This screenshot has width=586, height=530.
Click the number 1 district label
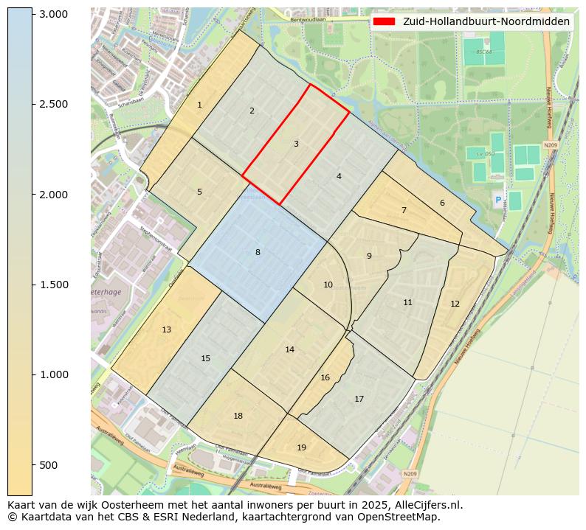tap(199, 105)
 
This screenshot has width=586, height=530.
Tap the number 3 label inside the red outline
tap(296, 144)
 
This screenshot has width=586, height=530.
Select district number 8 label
tap(258, 252)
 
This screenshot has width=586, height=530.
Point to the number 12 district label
tap(455, 304)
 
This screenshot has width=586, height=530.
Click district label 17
tap(359, 399)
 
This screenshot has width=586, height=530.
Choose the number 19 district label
tap(301, 447)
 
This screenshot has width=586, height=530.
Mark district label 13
tap(166, 329)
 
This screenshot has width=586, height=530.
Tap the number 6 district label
tap(442, 203)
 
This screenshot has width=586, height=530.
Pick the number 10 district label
tap(328, 285)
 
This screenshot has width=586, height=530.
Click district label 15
tap(205, 358)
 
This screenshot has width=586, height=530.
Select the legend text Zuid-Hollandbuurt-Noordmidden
tap(486, 22)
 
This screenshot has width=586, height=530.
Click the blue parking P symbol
tap(497, 200)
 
